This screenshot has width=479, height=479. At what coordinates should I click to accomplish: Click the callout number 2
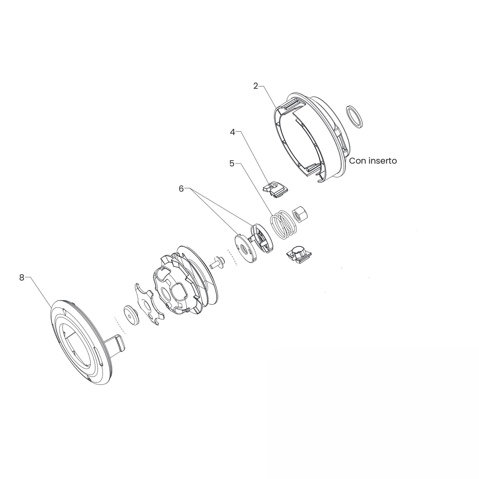(x=255, y=86)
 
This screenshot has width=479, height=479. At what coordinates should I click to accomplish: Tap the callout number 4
(x=233, y=132)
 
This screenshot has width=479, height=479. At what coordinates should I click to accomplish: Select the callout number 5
(x=232, y=163)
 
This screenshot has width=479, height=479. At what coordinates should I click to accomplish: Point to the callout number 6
(x=181, y=189)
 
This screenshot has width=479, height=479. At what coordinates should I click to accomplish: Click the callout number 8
(x=22, y=278)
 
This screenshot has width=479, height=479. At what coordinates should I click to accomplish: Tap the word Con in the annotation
(x=357, y=161)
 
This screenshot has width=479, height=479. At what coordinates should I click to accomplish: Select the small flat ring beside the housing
(x=354, y=117)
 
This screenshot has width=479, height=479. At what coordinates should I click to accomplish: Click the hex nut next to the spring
(x=299, y=213)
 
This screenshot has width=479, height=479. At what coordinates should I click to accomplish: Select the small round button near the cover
(x=131, y=315)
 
